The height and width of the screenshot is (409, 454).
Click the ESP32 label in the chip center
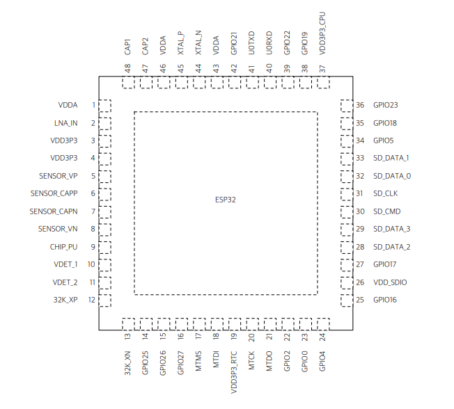[226, 200]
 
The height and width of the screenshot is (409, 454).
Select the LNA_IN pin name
[65, 123]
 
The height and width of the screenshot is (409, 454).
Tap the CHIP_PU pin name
[64, 247]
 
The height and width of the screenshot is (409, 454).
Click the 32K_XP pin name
[65, 300]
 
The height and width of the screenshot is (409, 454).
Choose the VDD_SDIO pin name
[389, 282]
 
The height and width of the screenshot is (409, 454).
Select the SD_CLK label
[385, 194]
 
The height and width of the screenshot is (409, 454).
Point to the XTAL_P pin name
[181, 42]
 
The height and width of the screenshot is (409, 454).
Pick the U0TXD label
[251, 44]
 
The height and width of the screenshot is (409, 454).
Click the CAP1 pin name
[128, 47]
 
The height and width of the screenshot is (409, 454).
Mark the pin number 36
[360, 106]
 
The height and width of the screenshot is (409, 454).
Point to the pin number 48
[128, 68]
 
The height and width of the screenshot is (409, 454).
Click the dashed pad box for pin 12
[104, 300]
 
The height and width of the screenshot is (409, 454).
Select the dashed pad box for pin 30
[346, 211]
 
